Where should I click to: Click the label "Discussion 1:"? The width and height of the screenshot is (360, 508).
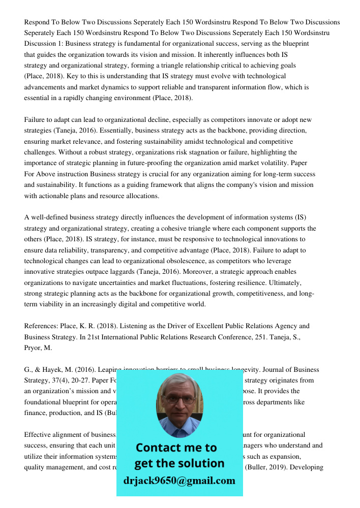pos(44,44)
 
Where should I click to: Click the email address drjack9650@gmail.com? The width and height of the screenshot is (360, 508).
pos(179,481)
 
